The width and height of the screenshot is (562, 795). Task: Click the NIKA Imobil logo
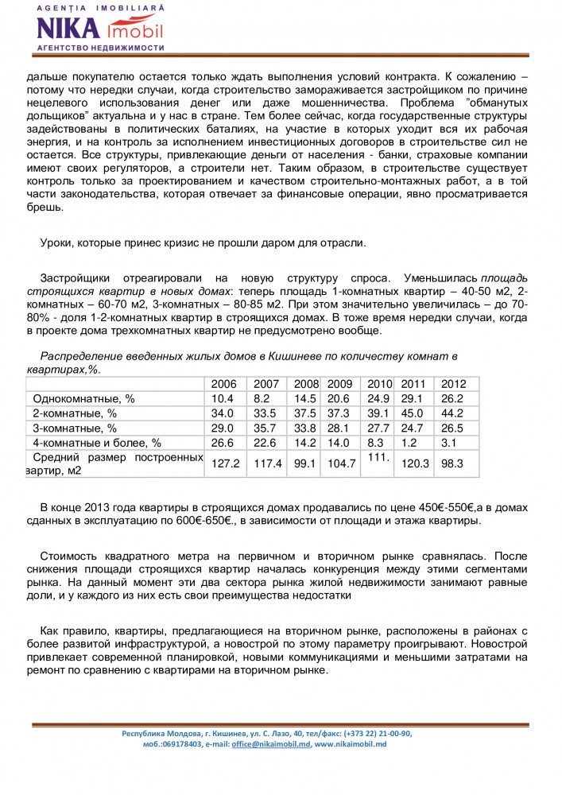(100, 29)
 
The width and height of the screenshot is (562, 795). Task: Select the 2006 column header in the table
(223, 383)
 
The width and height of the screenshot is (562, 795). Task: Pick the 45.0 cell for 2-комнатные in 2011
(413, 413)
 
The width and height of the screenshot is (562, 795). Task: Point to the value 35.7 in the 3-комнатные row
(266, 429)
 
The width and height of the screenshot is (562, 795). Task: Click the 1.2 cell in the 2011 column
(409, 443)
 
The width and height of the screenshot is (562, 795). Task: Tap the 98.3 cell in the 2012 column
(452, 463)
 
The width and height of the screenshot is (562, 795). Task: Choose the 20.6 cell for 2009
(339, 398)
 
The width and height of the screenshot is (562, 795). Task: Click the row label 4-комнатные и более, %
(96, 443)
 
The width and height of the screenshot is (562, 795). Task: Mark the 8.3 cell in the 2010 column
(376, 443)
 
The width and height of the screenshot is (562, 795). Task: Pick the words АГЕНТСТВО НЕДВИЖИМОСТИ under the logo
(100, 48)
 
